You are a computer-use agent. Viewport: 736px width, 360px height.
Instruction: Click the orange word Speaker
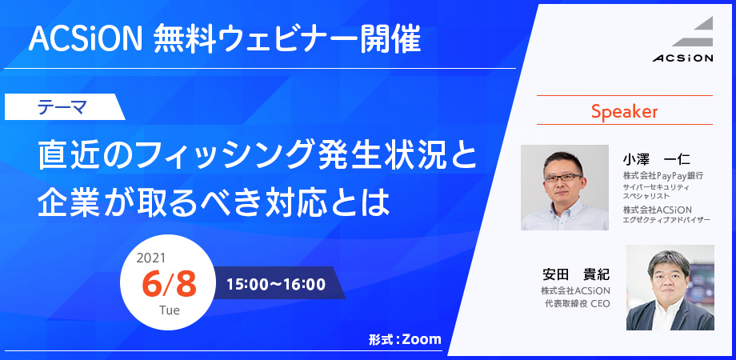pos(624,111)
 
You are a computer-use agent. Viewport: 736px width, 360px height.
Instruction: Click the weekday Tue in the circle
pos(169,310)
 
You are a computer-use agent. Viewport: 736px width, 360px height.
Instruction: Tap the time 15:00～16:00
pos(276,285)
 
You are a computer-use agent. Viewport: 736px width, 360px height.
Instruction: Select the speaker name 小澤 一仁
pos(656,159)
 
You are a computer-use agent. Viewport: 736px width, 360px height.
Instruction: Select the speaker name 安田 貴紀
pos(575,273)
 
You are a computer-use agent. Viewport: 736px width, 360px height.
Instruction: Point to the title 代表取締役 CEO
pos(575,304)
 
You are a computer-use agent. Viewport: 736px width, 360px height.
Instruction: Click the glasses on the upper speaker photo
pos(562,178)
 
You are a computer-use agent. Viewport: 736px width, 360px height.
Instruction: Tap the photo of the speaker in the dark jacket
pos(670,287)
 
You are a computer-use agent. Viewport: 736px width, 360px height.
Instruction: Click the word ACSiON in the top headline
pos(85,39)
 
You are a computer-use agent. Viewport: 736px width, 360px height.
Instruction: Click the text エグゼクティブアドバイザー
pos(666,219)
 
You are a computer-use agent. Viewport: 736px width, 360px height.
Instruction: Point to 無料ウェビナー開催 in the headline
pos(286,39)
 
